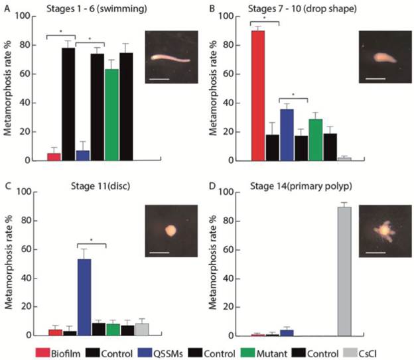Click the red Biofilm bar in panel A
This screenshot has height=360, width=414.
click(x=54, y=156)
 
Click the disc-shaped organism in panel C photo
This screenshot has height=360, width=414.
click(x=171, y=231)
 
